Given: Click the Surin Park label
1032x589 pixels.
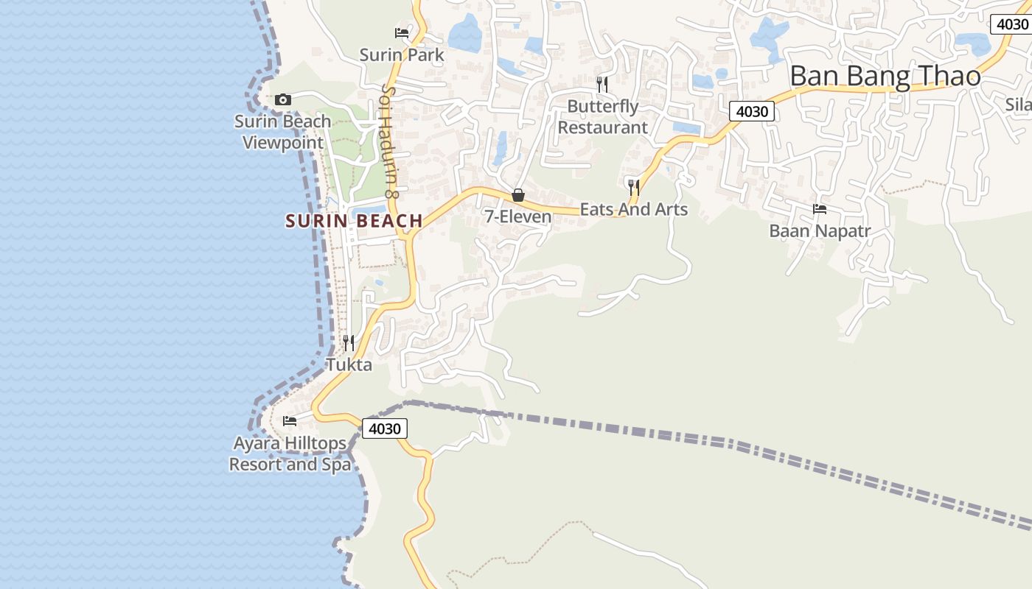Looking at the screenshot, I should coord(402,54).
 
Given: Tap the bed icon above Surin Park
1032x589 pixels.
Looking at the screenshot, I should coord(402,32).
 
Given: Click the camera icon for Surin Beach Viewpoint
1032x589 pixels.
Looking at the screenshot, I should coord(282,99).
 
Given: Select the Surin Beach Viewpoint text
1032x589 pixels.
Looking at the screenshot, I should coord(283,132).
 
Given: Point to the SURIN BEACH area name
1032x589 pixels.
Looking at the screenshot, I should coord(354,221).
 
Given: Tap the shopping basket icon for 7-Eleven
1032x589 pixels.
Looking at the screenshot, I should coord(518,195).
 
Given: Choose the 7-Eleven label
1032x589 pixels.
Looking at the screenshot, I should coord(517,216).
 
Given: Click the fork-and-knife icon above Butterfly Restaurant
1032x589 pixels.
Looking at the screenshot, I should coord(602,84).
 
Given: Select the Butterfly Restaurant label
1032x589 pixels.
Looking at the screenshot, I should coord(603,117).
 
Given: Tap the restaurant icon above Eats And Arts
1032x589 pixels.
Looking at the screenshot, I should coord(633,187).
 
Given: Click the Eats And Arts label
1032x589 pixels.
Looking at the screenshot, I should coord(634,210).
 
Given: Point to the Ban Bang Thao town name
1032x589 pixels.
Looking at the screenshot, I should coord(885,77).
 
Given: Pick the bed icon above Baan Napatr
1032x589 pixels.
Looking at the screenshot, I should coord(820,209).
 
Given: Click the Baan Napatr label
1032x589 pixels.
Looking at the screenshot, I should coord(820,231).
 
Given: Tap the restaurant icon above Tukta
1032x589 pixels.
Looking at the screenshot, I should coord(349,342).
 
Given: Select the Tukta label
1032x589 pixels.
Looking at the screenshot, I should coord(349,364).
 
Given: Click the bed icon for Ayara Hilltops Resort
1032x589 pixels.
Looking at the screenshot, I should coord(290,421).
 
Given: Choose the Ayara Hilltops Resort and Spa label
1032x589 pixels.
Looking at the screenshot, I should coord(290,454).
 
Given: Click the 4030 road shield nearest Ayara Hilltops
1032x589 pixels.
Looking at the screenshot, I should coord(384,428).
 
